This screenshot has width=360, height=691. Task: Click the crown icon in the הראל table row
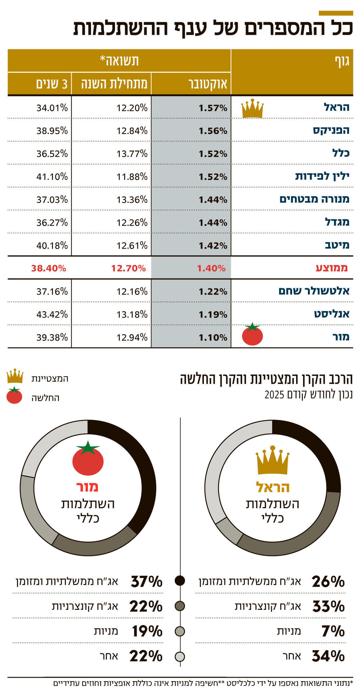pyautogui.click(x=252, y=109)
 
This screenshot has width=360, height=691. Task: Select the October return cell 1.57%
pyautogui.click(x=213, y=108)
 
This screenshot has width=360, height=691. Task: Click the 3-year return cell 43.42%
pyautogui.click(x=52, y=314)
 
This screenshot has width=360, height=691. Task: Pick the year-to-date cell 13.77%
pyautogui.click(x=132, y=154)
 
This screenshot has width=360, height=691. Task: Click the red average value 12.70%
pyautogui.click(x=128, y=269)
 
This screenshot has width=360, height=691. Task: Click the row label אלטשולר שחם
pyautogui.click(x=314, y=291)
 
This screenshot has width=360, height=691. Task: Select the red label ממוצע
pyautogui.click(x=332, y=268)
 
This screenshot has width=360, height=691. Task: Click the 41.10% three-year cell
pyautogui.click(x=52, y=176)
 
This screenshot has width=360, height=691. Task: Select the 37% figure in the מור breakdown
pyautogui.click(x=146, y=582)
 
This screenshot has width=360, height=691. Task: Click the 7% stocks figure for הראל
pyautogui.click(x=333, y=631)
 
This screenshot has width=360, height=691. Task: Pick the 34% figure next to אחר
pyautogui.click(x=328, y=656)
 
